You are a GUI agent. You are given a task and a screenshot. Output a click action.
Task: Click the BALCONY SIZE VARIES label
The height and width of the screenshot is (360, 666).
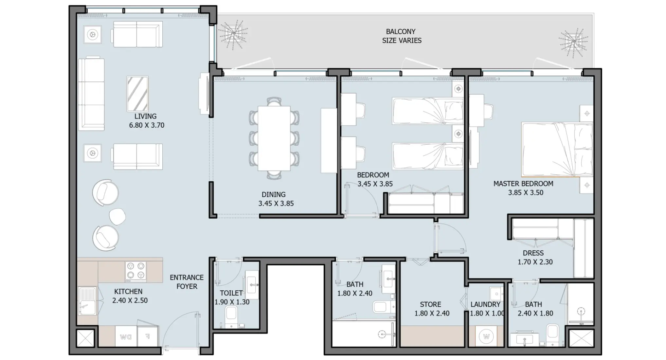click(401, 36)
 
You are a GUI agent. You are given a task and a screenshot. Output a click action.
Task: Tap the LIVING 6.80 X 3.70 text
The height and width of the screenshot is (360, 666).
click(146, 121)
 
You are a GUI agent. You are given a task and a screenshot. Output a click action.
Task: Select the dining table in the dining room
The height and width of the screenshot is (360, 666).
click(274, 138)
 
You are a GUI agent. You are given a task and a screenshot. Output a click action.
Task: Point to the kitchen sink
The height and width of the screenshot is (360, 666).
click(87, 301)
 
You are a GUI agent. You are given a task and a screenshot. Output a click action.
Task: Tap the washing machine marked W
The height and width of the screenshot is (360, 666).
click(486, 336)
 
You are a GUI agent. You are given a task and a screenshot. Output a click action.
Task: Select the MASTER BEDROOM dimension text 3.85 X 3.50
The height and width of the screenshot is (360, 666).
click(525, 193)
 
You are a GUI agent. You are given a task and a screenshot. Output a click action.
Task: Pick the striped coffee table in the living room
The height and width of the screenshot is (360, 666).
click(137, 94)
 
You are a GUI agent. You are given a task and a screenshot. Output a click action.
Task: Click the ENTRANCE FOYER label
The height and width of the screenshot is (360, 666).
click(187, 282)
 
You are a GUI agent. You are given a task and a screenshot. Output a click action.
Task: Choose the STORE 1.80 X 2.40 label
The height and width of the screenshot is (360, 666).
click(432, 309)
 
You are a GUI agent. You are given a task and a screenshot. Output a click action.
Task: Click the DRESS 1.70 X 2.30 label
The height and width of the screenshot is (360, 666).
click(535, 258)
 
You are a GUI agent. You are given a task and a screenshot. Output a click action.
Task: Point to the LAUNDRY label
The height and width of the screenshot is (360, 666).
click(485, 304)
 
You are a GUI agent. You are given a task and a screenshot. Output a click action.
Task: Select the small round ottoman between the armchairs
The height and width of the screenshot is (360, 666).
click(117, 216)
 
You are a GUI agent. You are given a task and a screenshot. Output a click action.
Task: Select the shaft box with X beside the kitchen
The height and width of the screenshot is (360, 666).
click(85, 338)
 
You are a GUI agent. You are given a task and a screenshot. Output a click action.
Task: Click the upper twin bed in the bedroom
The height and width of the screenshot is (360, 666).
click(428, 111)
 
